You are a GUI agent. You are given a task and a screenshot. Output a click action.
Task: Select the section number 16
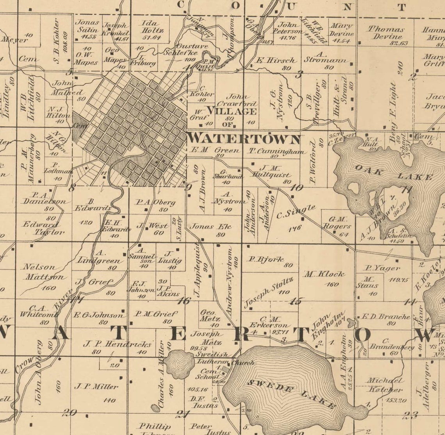point(183,301)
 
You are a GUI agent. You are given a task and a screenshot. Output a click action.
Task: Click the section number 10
point(297,188)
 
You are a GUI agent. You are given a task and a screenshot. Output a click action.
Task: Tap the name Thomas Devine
point(386,33)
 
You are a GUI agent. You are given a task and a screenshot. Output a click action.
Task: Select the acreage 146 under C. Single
point(295,228)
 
